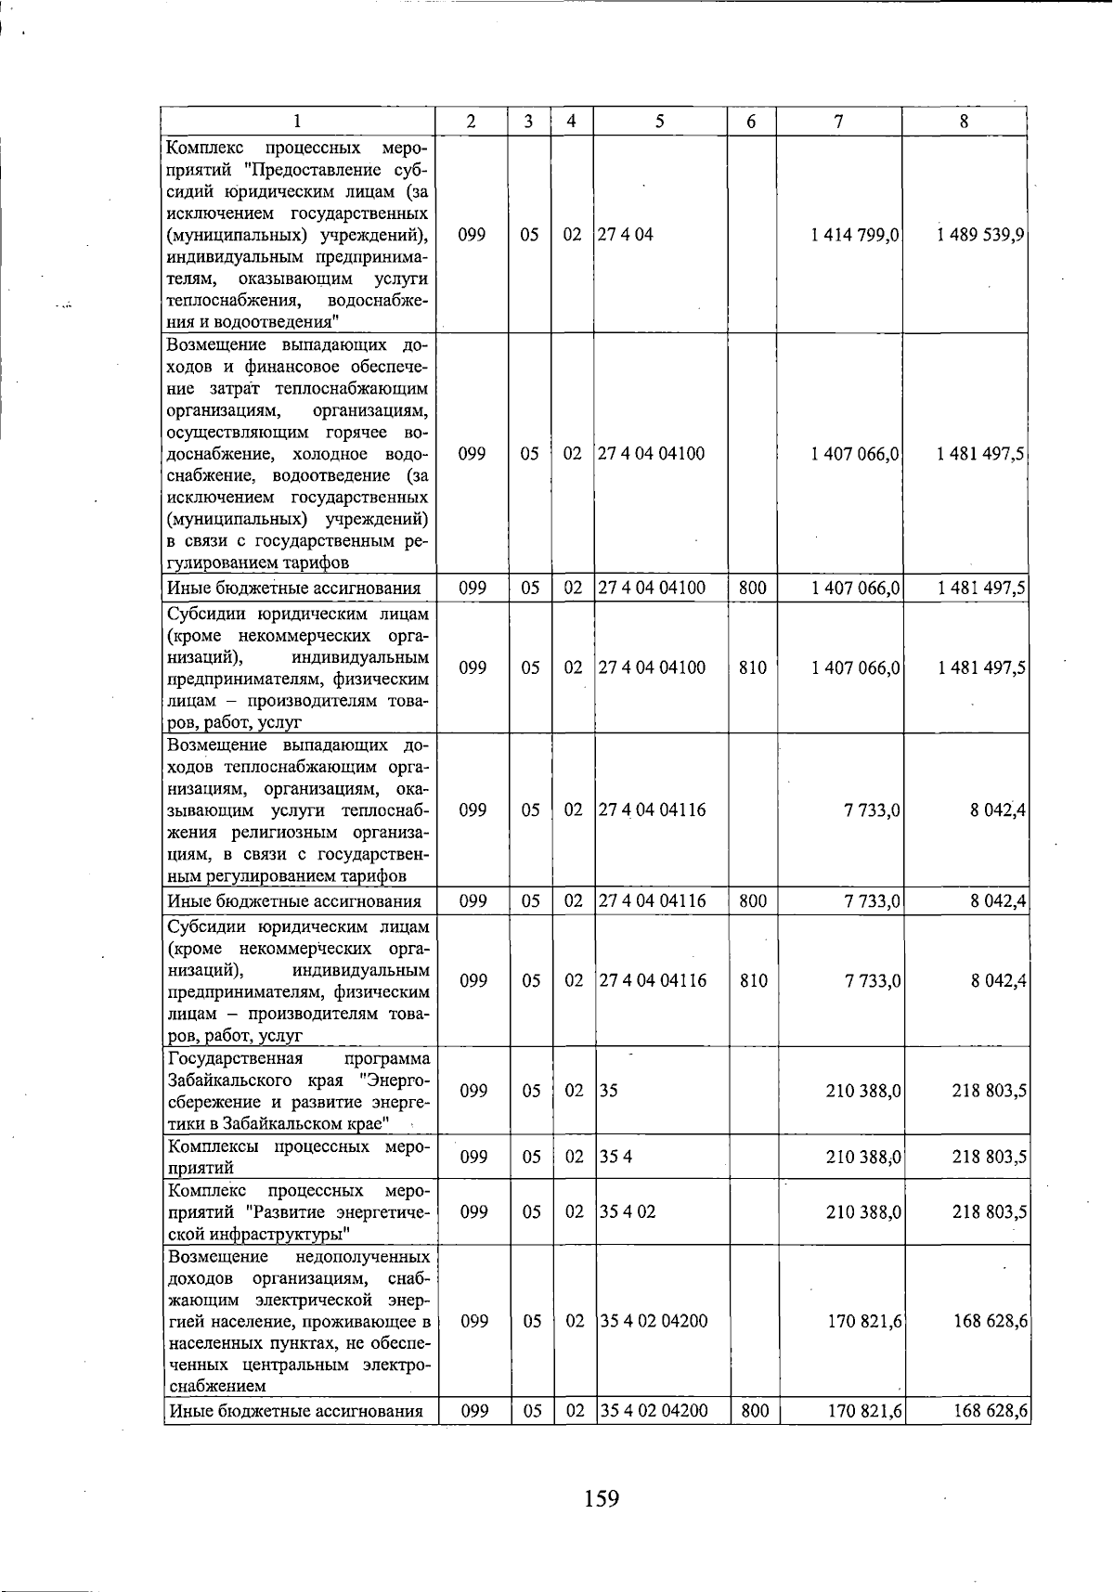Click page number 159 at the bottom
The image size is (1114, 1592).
[602, 1497]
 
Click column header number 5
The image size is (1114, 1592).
[659, 121]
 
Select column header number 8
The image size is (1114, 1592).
[965, 121]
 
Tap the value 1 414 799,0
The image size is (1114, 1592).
[855, 235]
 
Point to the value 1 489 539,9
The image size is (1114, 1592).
[981, 235]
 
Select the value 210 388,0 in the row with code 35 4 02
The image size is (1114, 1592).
[863, 1211]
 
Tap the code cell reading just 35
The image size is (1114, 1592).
[608, 1091]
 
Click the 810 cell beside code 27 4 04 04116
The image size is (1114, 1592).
[753, 980]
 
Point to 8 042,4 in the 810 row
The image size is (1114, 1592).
[998, 980]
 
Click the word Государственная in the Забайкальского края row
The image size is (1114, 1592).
[235, 1059]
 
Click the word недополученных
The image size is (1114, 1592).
[362, 1257]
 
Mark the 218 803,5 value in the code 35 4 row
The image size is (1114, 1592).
[989, 1157]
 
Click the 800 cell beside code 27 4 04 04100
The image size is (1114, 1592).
[752, 588]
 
